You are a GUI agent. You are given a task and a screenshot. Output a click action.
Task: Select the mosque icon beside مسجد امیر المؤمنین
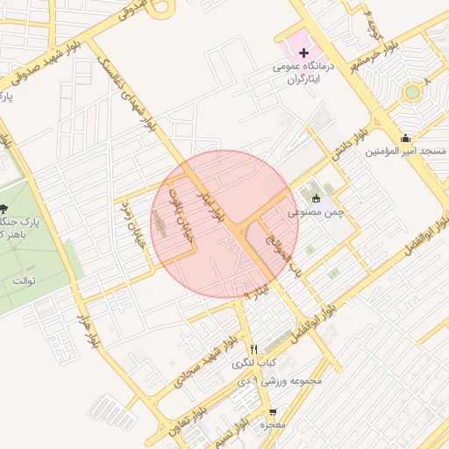405,139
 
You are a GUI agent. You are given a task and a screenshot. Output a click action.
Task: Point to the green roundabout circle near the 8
411,91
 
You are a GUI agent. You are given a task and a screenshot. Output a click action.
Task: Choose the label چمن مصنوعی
313,212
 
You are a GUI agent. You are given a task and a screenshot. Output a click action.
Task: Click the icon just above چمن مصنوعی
316,199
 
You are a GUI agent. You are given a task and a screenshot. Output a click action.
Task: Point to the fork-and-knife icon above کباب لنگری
254,348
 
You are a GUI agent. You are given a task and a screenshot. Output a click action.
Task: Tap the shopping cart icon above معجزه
274,411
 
